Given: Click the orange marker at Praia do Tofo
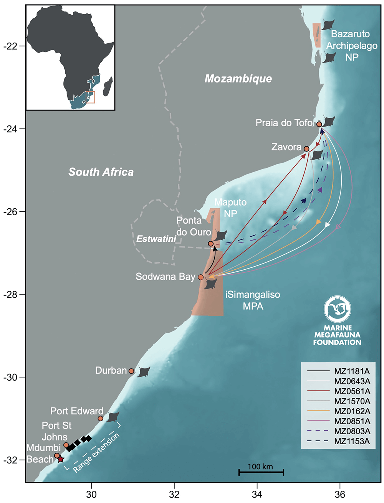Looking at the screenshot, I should [x=319, y=124].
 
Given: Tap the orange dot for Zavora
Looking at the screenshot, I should [x=306, y=149].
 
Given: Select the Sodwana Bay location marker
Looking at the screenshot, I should [x=201, y=277].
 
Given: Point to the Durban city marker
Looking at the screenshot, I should [x=131, y=371].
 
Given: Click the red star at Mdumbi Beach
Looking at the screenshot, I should [x=61, y=459].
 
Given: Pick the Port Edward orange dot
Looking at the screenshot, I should [x=101, y=418].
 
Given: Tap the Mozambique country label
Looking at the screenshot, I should [x=238, y=79].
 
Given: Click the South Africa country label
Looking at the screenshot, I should [x=101, y=172].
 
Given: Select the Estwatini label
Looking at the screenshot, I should [x=156, y=239].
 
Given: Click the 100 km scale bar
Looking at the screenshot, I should [x=261, y=472].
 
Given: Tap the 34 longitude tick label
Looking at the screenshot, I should [x=257, y=495].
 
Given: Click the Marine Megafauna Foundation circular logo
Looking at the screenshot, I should [x=338, y=308].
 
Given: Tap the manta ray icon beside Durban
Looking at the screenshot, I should [x=144, y=371].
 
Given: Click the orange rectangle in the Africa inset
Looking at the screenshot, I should [x=91, y=97].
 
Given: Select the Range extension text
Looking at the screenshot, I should [x=96, y=453].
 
